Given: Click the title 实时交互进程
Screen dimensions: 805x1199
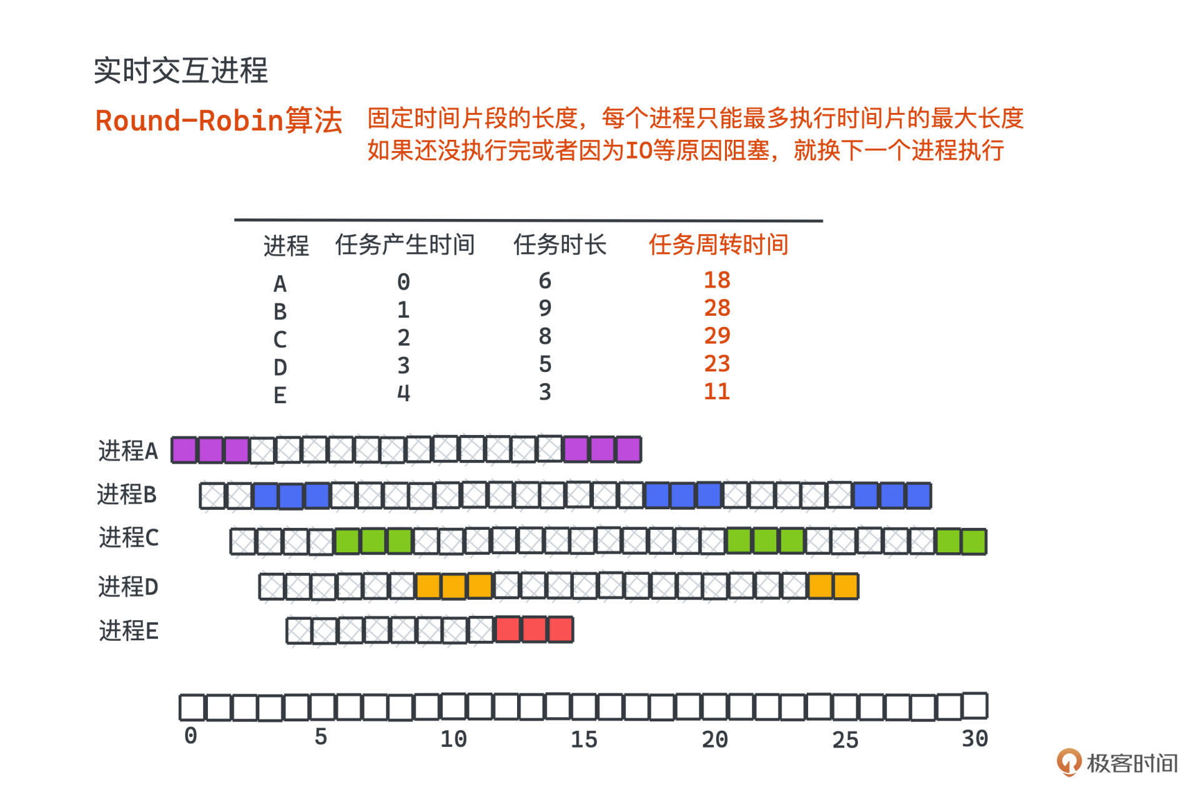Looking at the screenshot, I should [x=180, y=70].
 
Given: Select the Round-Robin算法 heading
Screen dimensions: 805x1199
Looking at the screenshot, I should [x=219, y=120].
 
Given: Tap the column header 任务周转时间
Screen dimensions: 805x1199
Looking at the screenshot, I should [x=718, y=245].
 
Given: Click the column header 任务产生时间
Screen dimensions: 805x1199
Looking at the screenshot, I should [x=405, y=245].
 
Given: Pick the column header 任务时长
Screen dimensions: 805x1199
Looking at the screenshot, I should [x=560, y=245].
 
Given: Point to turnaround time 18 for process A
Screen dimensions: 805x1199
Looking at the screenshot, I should [x=717, y=280].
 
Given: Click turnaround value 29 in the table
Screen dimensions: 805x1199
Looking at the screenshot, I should [x=717, y=336].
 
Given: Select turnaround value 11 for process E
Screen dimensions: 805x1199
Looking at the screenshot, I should [x=717, y=391].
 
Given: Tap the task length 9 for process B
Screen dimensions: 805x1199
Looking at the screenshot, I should [x=545, y=308].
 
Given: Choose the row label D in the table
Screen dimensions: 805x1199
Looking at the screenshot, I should [x=280, y=368].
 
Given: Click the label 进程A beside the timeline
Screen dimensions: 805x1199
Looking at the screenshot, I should [x=128, y=451].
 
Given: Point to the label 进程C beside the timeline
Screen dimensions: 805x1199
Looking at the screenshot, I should [x=129, y=537].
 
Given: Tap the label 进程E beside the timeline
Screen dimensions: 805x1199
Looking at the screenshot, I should [x=129, y=631].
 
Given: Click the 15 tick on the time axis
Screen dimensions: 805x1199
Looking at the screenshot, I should [x=584, y=739].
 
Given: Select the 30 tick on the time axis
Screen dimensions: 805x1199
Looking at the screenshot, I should [x=974, y=739].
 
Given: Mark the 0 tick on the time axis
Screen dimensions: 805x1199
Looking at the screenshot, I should [x=190, y=736].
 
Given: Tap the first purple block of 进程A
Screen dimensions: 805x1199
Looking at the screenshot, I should [x=184, y=450].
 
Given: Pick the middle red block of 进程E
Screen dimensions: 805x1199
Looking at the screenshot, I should [x=534, y=630].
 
